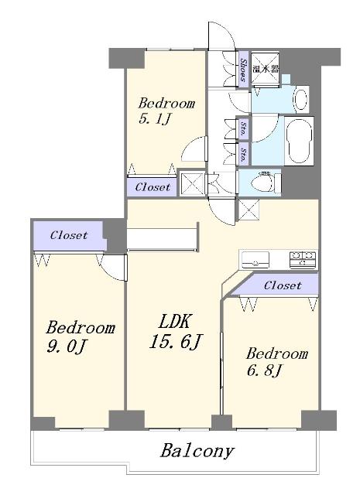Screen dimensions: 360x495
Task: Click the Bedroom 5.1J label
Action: (x=166, y=111)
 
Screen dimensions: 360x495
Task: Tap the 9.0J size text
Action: (x=67, y=347)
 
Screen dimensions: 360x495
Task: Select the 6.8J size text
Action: (x=264, y=370)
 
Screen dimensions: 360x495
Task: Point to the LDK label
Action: (x=174, y=323)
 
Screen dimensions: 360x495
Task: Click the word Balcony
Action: (x=197, y=451)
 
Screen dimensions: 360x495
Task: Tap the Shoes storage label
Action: (x=243, y=70)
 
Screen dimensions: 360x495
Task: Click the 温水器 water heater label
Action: (x=266, y=69)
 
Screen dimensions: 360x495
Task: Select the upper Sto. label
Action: (x=243, y=129)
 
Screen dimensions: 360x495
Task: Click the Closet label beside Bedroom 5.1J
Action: (x=153, y=187)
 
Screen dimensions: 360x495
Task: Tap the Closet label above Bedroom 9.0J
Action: (x=69, y=235)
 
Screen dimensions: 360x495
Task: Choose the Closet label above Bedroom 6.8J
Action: (x=283, y=285)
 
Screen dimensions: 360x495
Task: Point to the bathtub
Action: (x=299, y=141)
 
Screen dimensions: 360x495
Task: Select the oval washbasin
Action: (x=300, y=98)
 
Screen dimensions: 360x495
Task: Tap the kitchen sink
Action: (x=255, y=260)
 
